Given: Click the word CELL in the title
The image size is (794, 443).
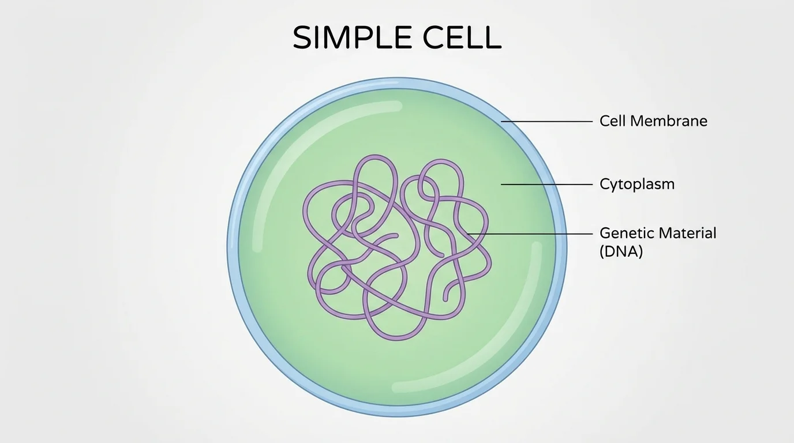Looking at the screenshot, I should (462, 38).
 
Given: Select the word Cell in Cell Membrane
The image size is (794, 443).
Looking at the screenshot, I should (612, 121).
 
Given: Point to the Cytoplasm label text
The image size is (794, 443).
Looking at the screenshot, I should (636, 185).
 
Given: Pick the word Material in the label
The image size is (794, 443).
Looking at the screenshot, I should (687, 233).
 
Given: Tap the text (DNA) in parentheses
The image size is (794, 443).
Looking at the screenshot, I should (621, 251).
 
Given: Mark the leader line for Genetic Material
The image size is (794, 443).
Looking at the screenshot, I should (531, 234).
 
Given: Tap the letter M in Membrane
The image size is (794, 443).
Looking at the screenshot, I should (637, 121).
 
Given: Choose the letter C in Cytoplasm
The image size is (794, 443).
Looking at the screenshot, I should (605, 185).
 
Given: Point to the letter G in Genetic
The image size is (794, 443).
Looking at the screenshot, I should (605, 233).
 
